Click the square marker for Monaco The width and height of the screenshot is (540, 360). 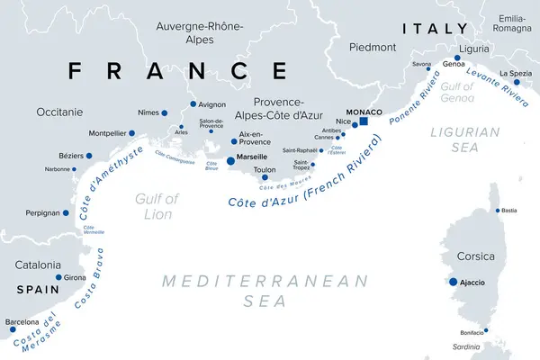(x=364, y=121)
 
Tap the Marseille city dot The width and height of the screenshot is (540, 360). (x=230, y=160)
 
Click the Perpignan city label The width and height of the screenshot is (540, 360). (x=42, y=213)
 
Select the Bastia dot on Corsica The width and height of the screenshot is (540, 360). (x=497, y=211)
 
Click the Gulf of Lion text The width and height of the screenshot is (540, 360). (x=158, y=205)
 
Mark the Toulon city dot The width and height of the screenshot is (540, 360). (x=264, y=177)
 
